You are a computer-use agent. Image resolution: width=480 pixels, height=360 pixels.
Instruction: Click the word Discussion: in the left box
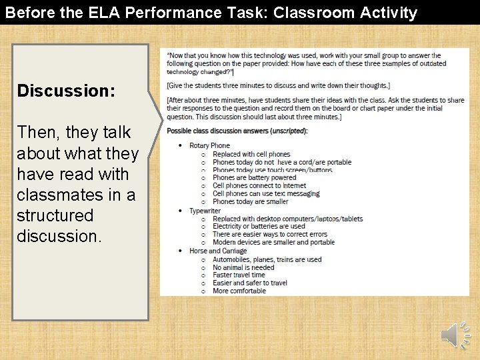click(66, 91)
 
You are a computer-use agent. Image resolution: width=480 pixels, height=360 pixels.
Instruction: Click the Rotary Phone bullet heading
click(209, 145)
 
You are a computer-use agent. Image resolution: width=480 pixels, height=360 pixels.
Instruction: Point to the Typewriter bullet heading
click(205, 211)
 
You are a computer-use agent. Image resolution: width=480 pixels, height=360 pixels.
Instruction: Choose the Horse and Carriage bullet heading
click(218, 251)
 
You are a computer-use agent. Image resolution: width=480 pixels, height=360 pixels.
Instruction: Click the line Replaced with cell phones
click(251, 154)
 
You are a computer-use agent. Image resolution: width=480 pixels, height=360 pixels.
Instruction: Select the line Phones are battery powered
click(254, 178)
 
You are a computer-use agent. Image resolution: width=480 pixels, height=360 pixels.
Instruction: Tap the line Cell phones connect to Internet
click(259, 186)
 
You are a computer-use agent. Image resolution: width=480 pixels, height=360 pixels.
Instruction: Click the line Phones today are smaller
click(250, 202)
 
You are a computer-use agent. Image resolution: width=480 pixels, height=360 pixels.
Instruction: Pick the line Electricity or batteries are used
click(259, 227)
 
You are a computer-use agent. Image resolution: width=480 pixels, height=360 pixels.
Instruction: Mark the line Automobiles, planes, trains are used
click(267, 259)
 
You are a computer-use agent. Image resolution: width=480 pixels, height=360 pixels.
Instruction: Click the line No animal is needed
click(243, 267)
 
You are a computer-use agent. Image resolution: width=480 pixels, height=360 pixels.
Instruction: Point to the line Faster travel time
click(239, 275)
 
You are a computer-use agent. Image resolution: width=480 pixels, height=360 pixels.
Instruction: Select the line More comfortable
click(239, 291)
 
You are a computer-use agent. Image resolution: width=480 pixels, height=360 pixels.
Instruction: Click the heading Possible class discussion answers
click(237, 131)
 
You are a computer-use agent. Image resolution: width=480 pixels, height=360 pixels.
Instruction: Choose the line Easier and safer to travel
click(250, 283)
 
